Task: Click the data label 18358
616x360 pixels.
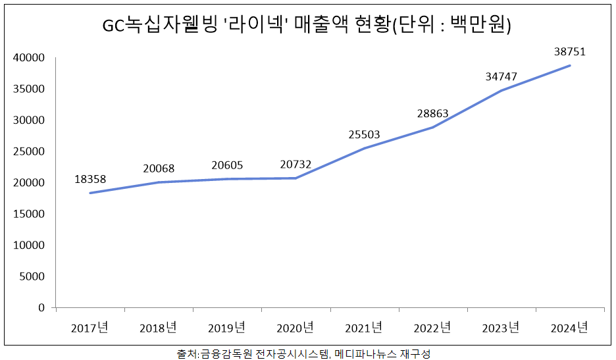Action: click(x=90, y=179)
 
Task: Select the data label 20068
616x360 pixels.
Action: click(x=159, y=168)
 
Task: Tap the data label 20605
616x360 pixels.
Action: click(x=227, y=165)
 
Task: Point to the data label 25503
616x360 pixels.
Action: click(x=364, y=135)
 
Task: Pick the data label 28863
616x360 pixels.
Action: click(x=432, y=113)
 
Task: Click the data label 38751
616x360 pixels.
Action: click(x=569, y=51)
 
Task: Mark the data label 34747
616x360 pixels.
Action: click(x=501, y=76)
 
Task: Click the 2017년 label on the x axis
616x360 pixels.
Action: click(x=90, y=327)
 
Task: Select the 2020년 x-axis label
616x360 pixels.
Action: click(x=295, y=327)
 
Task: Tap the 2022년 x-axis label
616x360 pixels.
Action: click(x=432, y=327)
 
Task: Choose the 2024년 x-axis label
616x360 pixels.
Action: click(x=569, y=327)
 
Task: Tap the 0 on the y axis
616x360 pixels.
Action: click(x=41, y=307)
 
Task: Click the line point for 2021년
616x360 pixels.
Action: click(x=364, y=149)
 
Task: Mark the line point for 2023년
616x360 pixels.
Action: click(x=501, y=91)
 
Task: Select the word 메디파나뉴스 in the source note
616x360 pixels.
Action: click(x=366, y=353)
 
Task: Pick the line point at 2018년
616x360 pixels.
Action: click(x=159, y=182)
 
